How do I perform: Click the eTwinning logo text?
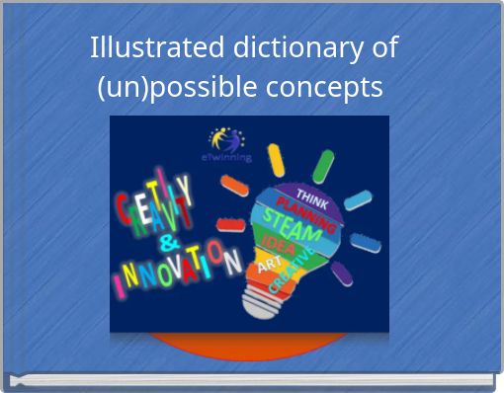[x=226, y=157]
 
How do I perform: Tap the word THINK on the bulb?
[x=313, y=196]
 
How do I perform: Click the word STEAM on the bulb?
[x=293, y=228]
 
